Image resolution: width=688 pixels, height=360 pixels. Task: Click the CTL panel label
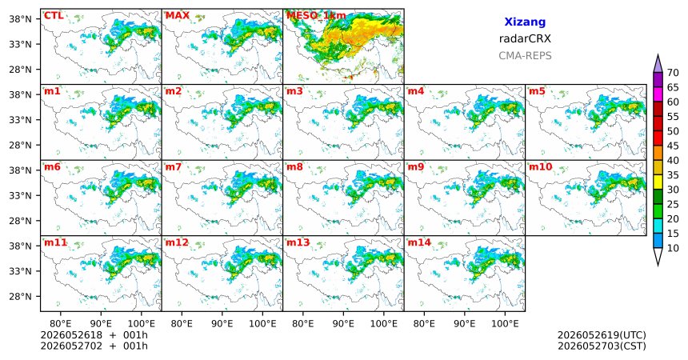(54, 16)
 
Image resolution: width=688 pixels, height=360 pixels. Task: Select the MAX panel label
(178, 16)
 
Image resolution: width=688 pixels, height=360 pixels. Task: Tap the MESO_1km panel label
(316, 16)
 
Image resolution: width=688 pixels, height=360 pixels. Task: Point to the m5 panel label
(537, 91)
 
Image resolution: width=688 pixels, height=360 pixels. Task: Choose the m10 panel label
(541, 167)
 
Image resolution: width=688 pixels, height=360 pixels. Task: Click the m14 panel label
(419, 242)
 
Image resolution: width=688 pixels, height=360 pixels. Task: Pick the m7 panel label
(174, 167)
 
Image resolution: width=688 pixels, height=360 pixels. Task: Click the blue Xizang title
(525, 22)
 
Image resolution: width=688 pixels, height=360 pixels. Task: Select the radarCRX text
(525, 38)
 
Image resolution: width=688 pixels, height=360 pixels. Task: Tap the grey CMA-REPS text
(525, 56)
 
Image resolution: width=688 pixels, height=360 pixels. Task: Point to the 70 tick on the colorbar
(673, 73)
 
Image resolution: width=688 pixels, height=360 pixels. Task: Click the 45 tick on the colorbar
(673, 146)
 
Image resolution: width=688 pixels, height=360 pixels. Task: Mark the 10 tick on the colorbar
(673, 248)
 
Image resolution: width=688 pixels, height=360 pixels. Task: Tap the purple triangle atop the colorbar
(658, 65)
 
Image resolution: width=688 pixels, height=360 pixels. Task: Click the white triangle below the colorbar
(658, 256)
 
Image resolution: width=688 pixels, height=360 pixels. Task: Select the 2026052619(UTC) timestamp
(602, 335)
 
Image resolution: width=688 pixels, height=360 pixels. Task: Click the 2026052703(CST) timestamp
(602, 346)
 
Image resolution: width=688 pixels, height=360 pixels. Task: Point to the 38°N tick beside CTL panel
(21, 19)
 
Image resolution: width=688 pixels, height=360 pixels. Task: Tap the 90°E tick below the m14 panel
(465, 324)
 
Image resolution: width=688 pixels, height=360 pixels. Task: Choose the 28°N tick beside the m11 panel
(21, 296)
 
